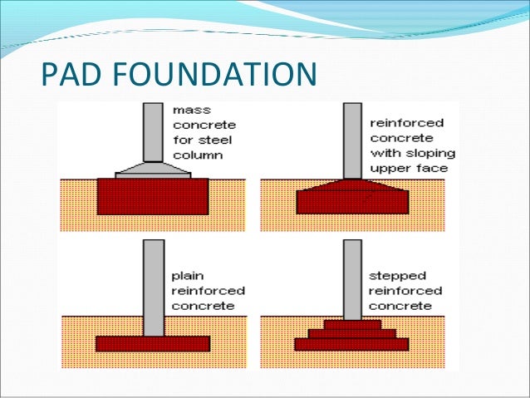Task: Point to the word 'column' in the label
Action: point(194,155)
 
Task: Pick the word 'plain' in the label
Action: point(187,276)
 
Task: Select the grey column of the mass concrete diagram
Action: point(153,131)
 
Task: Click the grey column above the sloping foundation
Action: point(352,139)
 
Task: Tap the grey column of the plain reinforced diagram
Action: point(153,287)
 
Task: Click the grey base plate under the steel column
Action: point(153,170)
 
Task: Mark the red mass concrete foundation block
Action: point(153,197)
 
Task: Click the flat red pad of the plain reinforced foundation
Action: point(153,342)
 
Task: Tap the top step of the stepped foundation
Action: point(352,323)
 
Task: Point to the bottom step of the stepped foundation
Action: point(352,344)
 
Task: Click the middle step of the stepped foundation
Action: point(352,333)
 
